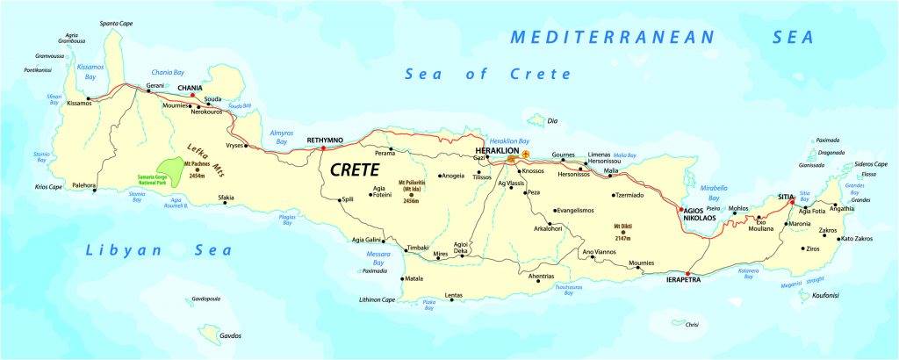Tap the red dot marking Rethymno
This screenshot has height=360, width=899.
pos(323,148)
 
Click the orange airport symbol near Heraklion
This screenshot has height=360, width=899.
pos(526,155)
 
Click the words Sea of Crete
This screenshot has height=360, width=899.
pos(487,74)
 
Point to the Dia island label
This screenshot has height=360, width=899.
pos(552,120)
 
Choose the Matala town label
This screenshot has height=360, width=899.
pos(414,279)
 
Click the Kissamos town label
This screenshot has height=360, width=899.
pos(78,127)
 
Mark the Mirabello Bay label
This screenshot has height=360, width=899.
pos(708,193)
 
